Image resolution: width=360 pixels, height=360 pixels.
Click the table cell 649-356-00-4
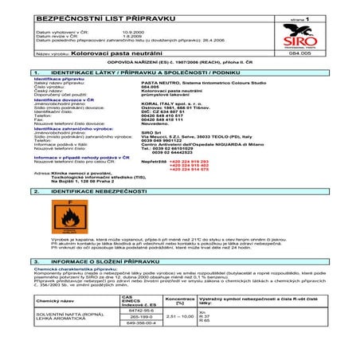click(x=128, y=346)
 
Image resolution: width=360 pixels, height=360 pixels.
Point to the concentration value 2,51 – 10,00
click(x=180, y=337)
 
